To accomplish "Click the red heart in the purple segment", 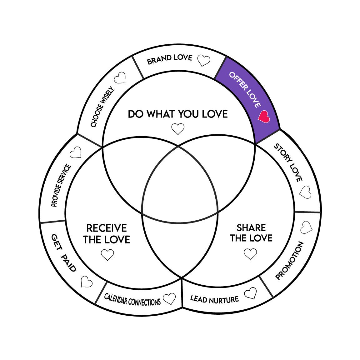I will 264,117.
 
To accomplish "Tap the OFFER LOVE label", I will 245,90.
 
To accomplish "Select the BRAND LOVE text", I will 169,59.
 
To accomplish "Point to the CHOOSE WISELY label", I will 102,107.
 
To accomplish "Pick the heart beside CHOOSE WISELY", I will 120,78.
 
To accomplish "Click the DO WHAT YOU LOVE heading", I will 178,114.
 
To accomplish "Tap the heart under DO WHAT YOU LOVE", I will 178,129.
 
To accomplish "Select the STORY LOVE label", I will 288,162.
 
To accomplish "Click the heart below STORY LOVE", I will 305,192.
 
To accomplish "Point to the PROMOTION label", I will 289,260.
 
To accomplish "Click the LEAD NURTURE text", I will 214,299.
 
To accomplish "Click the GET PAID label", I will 63,253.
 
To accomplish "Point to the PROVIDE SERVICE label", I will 61,186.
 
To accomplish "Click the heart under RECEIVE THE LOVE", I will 107,255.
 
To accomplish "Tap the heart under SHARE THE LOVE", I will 250,254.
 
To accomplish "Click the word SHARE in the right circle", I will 251,228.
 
